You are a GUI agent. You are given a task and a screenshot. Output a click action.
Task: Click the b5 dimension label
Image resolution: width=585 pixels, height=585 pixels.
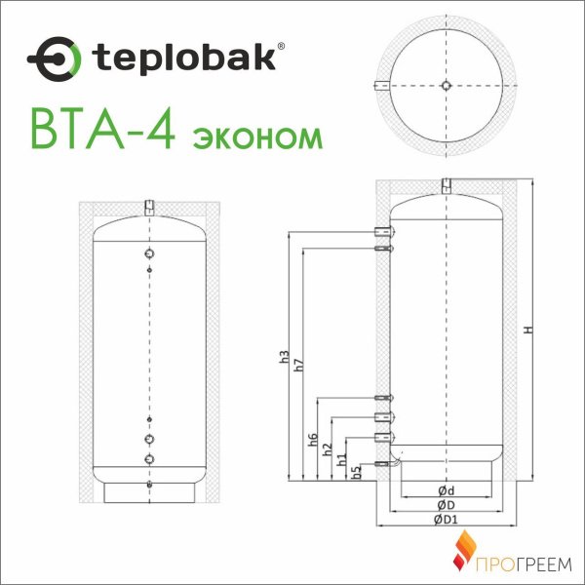click(x=357, y=471)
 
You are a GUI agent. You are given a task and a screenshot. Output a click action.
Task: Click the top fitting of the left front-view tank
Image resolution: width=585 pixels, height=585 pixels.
click(x=149, y=207)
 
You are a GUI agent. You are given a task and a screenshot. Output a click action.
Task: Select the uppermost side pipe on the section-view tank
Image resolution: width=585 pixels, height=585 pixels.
click(x=384, y=231)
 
